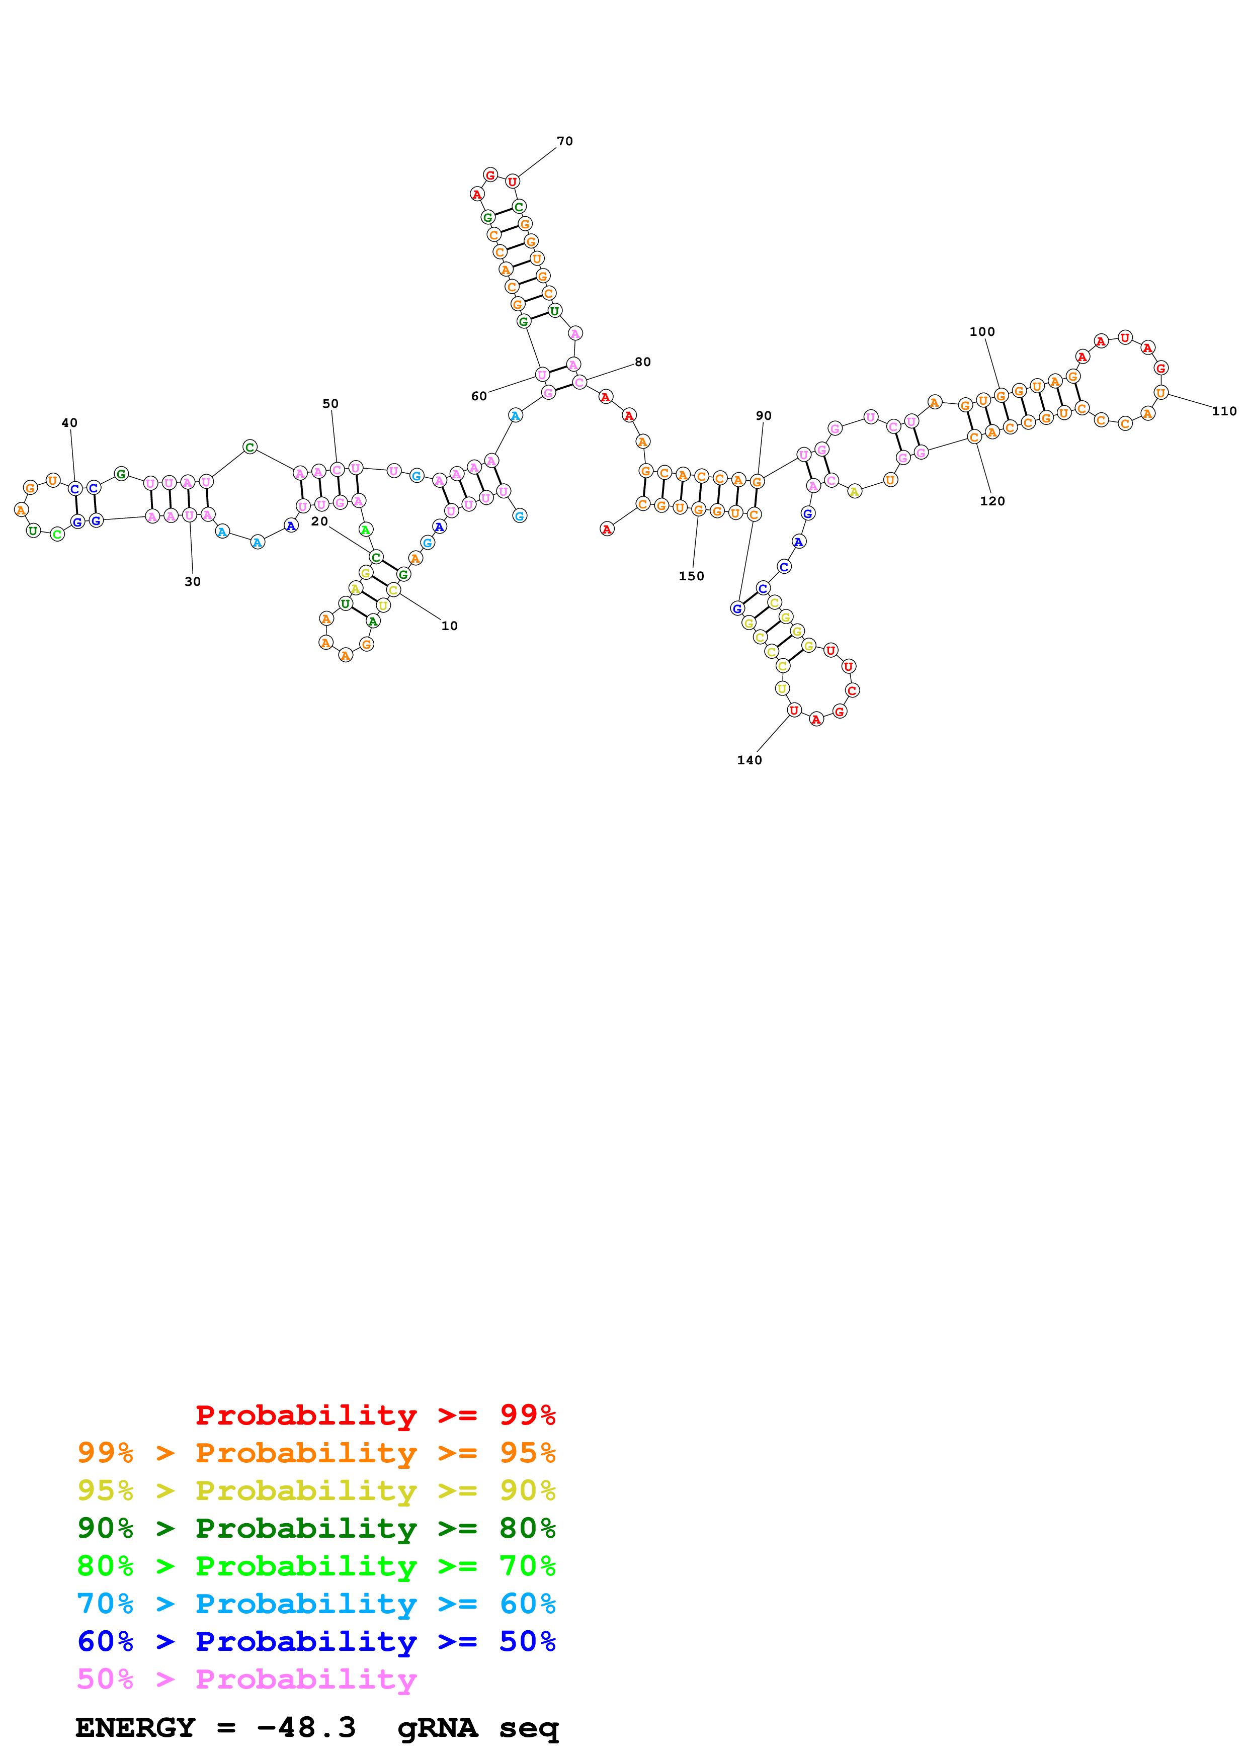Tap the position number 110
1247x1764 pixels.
(x=1224, y=411)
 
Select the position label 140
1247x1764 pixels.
(x=749, y=760)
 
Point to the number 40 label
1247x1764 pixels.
(x=69, y=422)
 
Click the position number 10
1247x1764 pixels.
(x=450, y=626)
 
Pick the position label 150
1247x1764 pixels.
(x=691, y=575)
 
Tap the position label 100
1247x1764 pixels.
(x=982, y=332)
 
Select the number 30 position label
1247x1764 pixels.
(x=192, y=582)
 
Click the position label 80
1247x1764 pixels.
(x=642, y=362)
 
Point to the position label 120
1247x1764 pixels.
(x=992, y=501)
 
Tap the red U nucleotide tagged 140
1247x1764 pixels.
(x=794, y=710)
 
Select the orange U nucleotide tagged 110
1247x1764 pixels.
(x=1160, y=393)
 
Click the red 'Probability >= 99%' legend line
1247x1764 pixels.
(x=375, y=1415)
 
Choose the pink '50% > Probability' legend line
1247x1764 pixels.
(x=246, y=1679)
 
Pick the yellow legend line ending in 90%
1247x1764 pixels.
(x=316, y=1490)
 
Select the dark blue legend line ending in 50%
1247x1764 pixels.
(x=316, y=1641)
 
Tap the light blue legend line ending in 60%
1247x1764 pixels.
(x=316, y=1604)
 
